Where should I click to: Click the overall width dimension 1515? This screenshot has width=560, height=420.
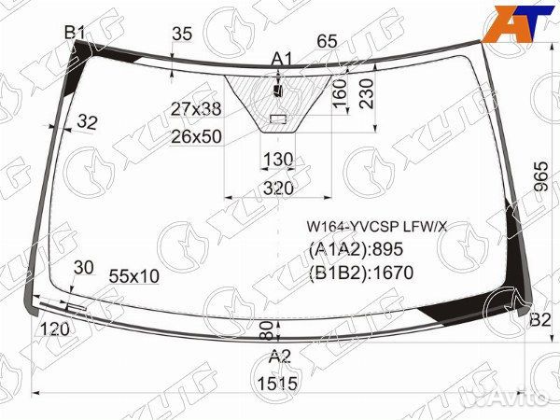pyautogui.click(x=277, y=384)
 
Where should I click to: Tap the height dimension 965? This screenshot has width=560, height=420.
pyautogui.click(x=541, y=176)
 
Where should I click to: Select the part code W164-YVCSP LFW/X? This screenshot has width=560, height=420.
pyautogui.click(x=377, y=227)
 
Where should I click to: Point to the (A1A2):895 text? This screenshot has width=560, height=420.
pyautogui.click(x=357, y=249)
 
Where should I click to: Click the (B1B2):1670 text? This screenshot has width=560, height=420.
pyautogui.click(x=361, y=273)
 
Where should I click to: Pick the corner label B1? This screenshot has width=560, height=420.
pyautogui.click(x=75, y=34)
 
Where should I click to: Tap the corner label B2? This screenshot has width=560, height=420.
pyautogui.click(x=540, y=319)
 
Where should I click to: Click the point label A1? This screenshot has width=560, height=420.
pyautogui.click(x=282, y=59)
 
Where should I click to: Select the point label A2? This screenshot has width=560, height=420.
pyautogui.click(x=280, y=357)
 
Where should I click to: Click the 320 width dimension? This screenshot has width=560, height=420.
pyautogui.click(x=278, y=188)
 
